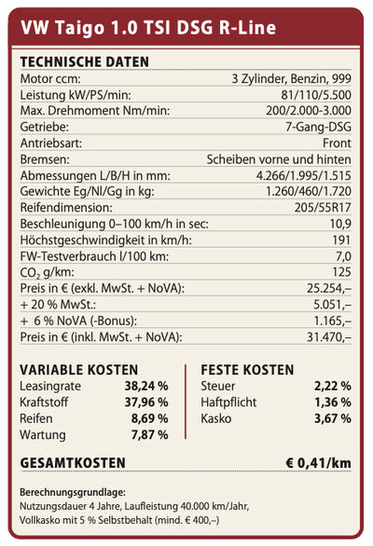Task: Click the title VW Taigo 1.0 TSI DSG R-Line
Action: [148, 28]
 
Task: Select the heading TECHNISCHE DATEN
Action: [84, 62]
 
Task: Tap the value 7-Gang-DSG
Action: [318, 127]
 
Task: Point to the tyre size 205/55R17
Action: [323, 208]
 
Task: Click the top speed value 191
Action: [341, 239]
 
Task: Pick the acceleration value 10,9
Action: [340, 224]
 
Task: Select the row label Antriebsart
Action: [51, 143]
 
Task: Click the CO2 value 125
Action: [341, 272]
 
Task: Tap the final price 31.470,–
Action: [329, 337]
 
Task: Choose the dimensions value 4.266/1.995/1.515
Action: [304, 175]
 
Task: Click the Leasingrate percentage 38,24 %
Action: [146, 386]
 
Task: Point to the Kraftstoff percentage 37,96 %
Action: [146, 403]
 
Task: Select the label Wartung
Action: [43, 435]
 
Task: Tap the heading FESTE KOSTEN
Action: [247, 370]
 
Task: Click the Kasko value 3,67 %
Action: [333, 418]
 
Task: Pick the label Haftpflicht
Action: [228, 403]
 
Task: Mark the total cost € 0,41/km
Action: [318, 463]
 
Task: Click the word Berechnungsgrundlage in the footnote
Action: [73, 492]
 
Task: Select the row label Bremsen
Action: [45, 159]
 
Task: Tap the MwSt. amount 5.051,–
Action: [332, 305]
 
